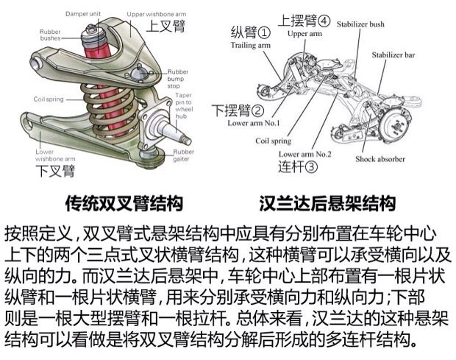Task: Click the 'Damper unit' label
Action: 83,15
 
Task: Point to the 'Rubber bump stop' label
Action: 178,79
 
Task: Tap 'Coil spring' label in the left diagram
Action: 50,99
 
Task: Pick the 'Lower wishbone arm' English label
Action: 55,155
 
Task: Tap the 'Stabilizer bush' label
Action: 362,24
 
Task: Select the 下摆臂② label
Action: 238,111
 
